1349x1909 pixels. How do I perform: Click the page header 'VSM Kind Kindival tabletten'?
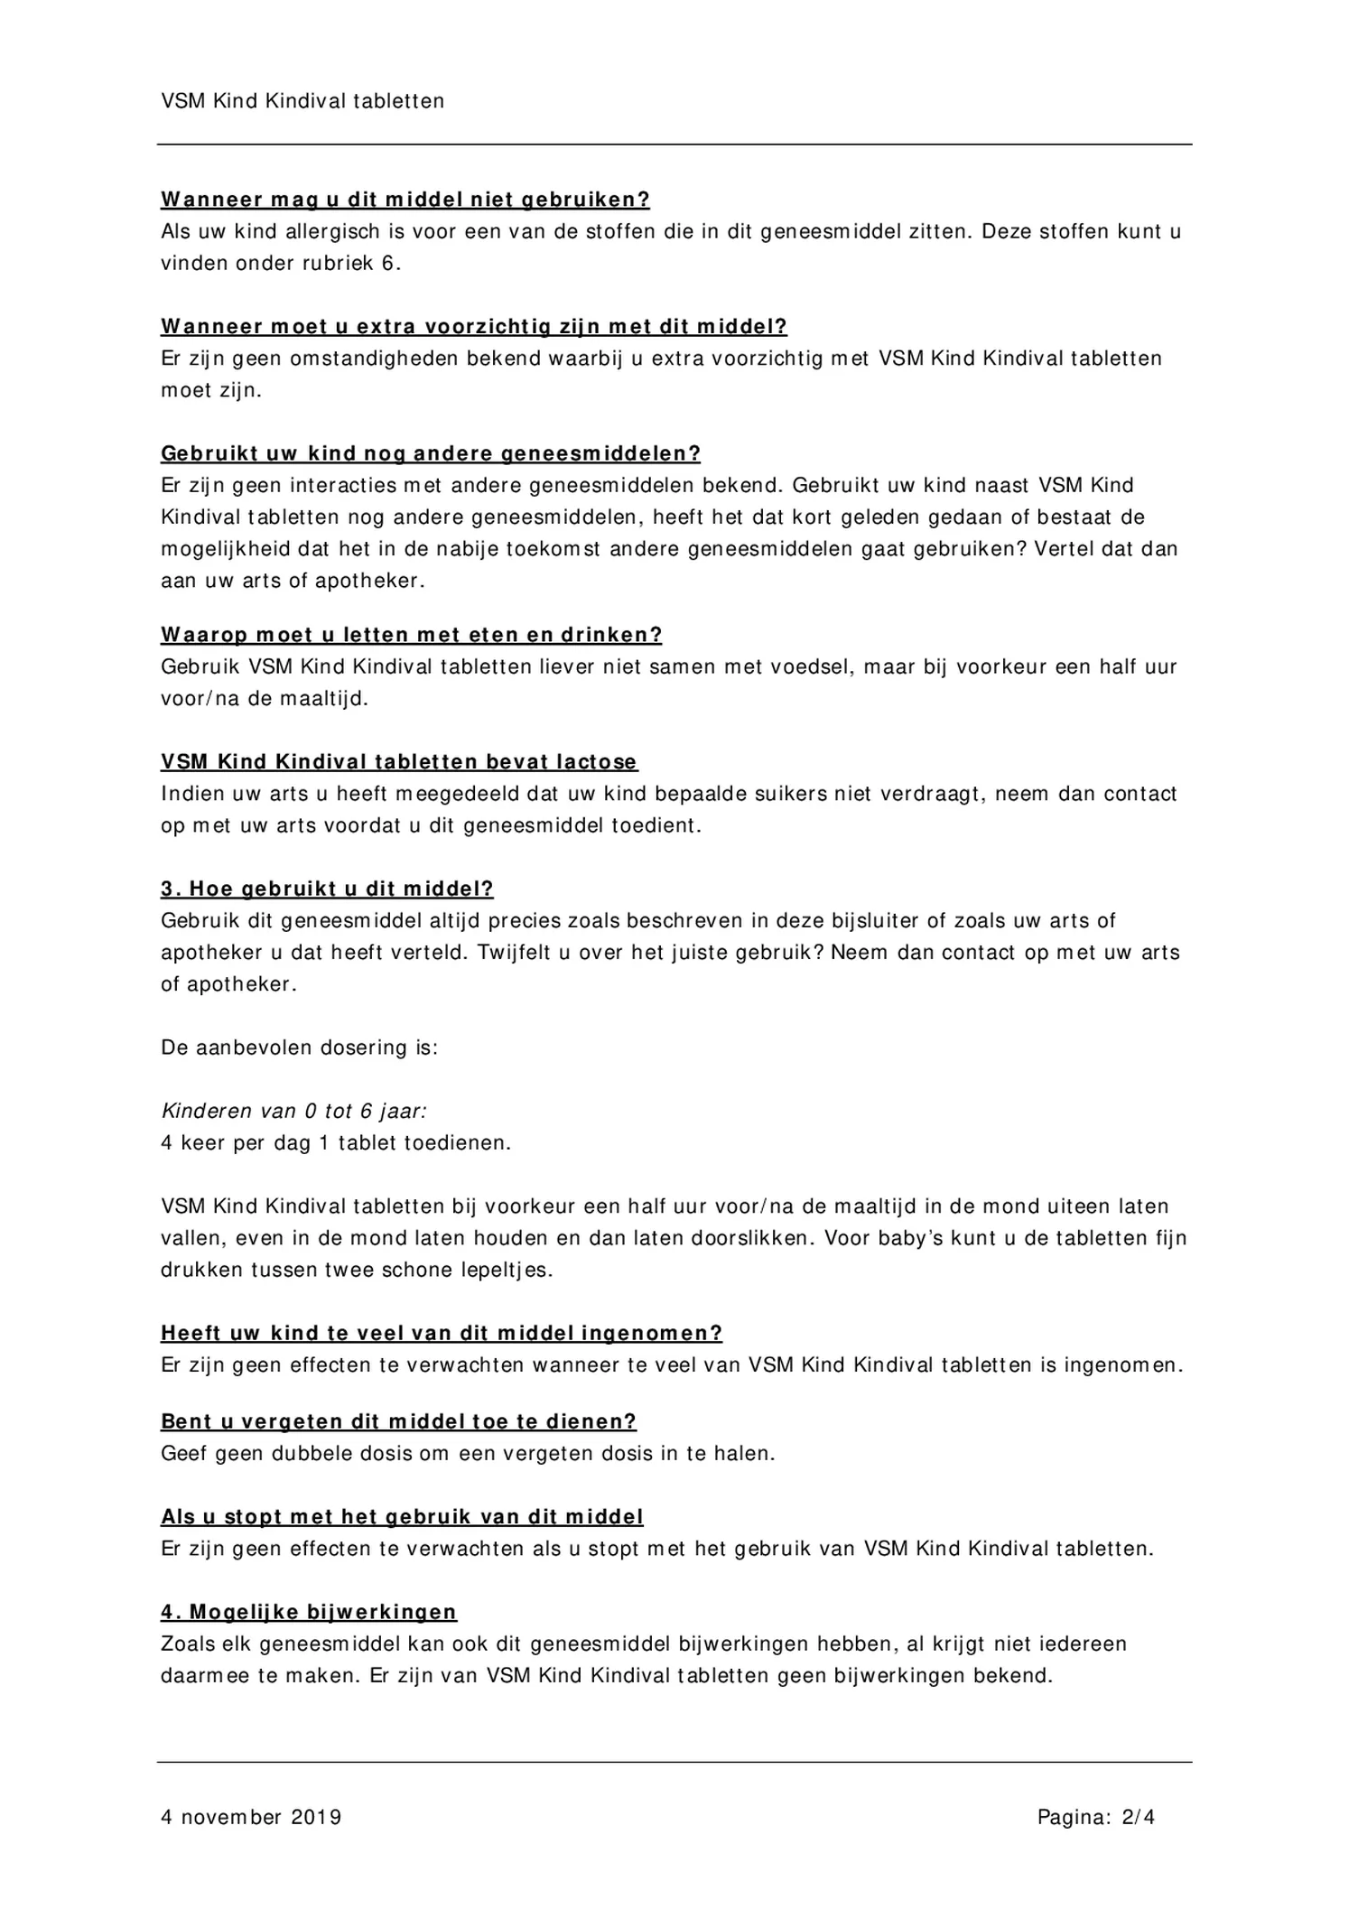302,101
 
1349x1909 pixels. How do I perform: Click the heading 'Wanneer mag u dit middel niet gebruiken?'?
405,200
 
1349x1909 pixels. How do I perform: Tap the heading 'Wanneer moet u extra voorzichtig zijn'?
474,327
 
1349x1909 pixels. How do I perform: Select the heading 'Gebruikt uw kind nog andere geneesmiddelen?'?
431,453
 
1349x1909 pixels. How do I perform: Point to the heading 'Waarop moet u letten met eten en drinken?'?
412,635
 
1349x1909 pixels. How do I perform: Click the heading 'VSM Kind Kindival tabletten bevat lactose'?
399,762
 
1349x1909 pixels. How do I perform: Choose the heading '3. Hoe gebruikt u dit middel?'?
327,889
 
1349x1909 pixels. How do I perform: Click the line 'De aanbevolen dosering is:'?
299,1048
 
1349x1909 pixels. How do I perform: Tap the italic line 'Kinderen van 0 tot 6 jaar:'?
293,1112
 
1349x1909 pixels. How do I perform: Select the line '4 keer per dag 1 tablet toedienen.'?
336,1143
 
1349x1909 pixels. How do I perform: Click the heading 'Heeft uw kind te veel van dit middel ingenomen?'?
442,1334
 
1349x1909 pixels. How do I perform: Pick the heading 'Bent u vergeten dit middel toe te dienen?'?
398,1422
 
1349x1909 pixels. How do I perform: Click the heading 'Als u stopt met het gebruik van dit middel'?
402,1517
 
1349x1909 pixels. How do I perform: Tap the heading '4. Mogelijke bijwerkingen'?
309,1613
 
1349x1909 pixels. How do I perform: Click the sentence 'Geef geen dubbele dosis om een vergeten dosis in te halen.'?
468,1454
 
